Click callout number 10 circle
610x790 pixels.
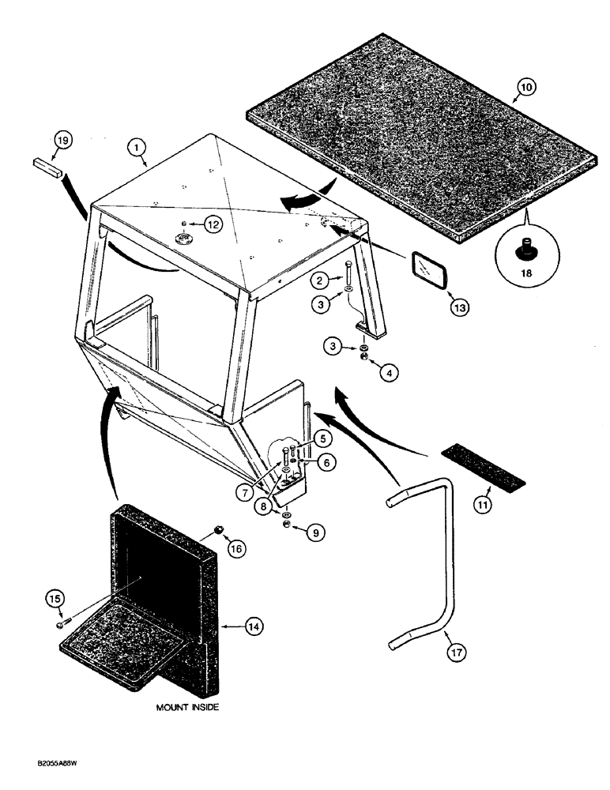525,88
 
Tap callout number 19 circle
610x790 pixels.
62,141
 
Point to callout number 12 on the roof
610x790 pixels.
212,225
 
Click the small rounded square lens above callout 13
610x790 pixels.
430,274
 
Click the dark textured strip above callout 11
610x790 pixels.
482,465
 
